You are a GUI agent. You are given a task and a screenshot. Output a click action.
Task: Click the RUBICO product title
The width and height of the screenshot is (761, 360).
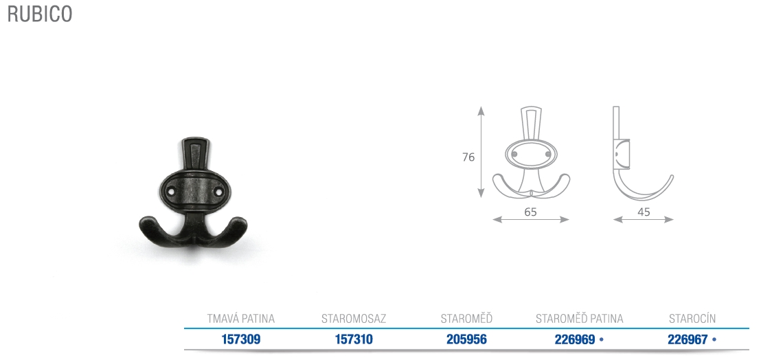[x=40, y=14]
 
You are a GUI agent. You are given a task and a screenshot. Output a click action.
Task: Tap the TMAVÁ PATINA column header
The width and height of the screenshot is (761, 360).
[x=240, y=319]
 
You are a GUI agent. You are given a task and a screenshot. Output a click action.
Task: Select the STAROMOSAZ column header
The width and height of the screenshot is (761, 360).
[x=354, y=319]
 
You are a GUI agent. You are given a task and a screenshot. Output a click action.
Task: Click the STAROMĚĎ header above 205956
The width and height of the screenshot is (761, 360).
[x=466, y=318]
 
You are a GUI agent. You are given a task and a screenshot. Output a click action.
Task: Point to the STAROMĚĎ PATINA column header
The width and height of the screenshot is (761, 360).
[x=580, y=318]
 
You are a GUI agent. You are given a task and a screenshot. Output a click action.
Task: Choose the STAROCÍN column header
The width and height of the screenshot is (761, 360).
[x=692, y=319]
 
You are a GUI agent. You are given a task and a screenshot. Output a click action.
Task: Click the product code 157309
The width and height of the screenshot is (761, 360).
[x=240, y=339]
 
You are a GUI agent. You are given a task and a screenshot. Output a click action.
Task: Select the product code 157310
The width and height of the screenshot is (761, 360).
[x=354, y=339]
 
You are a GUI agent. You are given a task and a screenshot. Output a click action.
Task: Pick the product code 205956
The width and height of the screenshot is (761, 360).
[x=466, y=339]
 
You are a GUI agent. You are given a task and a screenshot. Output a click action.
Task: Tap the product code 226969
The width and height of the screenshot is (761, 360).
[x=575, y=339]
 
